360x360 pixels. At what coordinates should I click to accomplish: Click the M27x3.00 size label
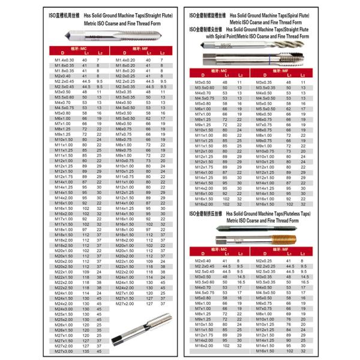click(64, 351)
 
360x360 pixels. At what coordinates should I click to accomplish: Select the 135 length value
click(86, 351)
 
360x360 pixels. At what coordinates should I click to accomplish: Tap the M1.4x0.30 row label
click(64, 60)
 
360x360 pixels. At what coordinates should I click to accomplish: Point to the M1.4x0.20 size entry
click(124, 60)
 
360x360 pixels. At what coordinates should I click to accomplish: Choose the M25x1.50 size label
click(64, 314)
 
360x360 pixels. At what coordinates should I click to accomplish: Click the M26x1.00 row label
click(64, 325)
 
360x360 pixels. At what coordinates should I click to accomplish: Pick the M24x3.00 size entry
click(64, 308)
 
